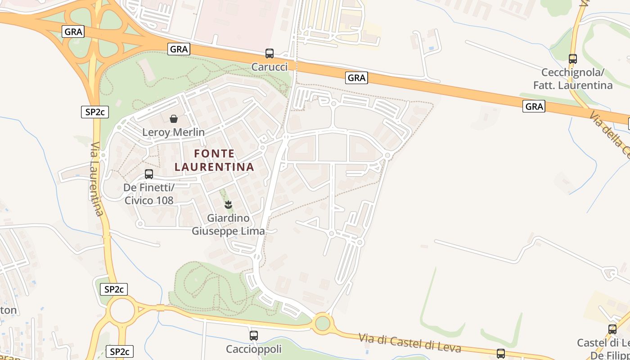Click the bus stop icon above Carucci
click(x=269, y=54)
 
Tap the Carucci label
click(x=269, y=67)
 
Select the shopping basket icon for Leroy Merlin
click(x=174, y=119)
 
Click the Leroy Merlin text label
click(x=173, y=132)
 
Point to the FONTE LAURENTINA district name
click(x=214, y=160)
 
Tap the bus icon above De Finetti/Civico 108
click(x=148, y=174)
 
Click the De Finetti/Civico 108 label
click(x=148, y=193)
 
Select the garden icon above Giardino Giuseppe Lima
click(x=228, y=205)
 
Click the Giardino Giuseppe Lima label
click(x=228, y=225)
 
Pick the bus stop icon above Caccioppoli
click(x=253, y=335)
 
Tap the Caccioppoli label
click(x=253, y=349)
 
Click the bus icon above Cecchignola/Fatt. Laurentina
click(x=572, y=58)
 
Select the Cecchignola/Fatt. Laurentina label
click(x=572, y=79)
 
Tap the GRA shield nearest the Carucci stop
click(x=179, y=49)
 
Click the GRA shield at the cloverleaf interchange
click(x=73, y=31)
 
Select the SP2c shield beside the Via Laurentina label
click(x=95, y=112)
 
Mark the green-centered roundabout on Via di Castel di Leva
click(x=322, y=323)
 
